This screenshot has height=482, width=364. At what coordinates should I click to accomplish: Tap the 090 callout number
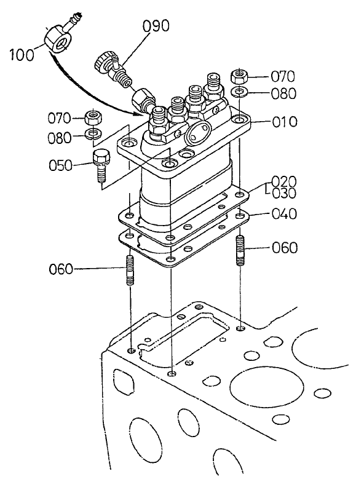156,26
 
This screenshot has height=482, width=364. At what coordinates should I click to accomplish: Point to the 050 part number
61,165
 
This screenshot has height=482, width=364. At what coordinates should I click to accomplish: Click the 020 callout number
284,181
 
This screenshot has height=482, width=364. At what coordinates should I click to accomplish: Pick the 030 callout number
284,193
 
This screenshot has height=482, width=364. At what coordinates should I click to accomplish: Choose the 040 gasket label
284,214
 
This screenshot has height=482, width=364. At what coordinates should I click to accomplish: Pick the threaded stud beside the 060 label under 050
130,271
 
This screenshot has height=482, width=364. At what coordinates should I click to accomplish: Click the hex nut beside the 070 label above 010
240,77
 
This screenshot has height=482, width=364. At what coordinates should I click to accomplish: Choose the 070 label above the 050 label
61,117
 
